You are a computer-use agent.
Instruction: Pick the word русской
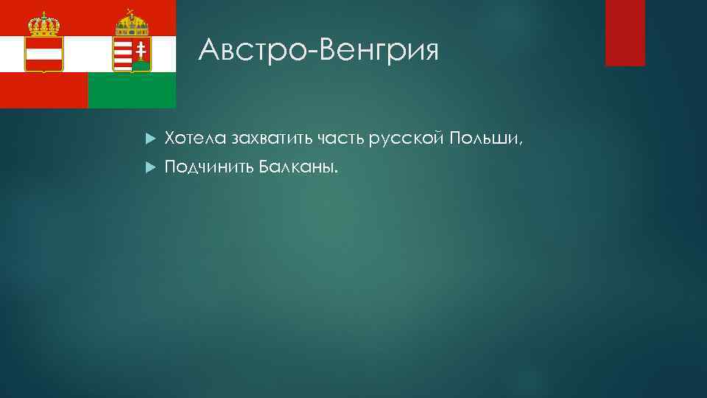(407, 138)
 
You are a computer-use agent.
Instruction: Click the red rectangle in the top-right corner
(625, 32)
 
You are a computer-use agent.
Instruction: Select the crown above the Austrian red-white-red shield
(43, 25)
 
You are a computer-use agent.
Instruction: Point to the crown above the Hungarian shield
(133, 25)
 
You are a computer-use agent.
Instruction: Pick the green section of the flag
(133, 91)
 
